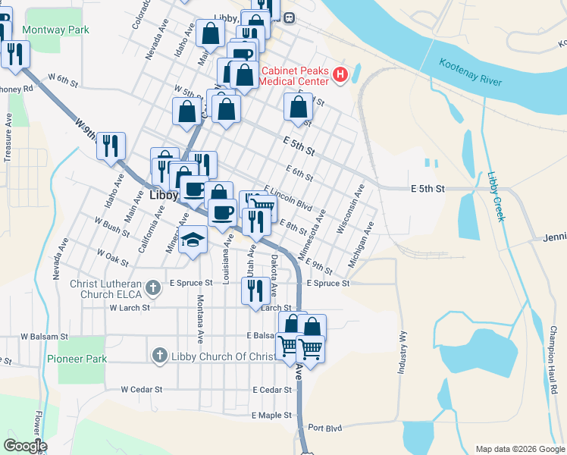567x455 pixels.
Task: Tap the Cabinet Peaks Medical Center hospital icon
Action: (340, 76)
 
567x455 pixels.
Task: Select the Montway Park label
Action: (56, 30)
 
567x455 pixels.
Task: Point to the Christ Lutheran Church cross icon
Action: (153, 287)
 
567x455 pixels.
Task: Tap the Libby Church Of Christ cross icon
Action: (159, 355)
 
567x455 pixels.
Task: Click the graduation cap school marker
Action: (194, 241)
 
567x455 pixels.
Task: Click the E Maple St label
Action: (272, 416)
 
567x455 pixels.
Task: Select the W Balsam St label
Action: (45, 336)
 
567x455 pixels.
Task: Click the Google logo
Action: (25, 446)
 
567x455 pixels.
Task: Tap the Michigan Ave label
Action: (362, 245)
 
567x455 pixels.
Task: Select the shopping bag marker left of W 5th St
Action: (186, 111)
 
